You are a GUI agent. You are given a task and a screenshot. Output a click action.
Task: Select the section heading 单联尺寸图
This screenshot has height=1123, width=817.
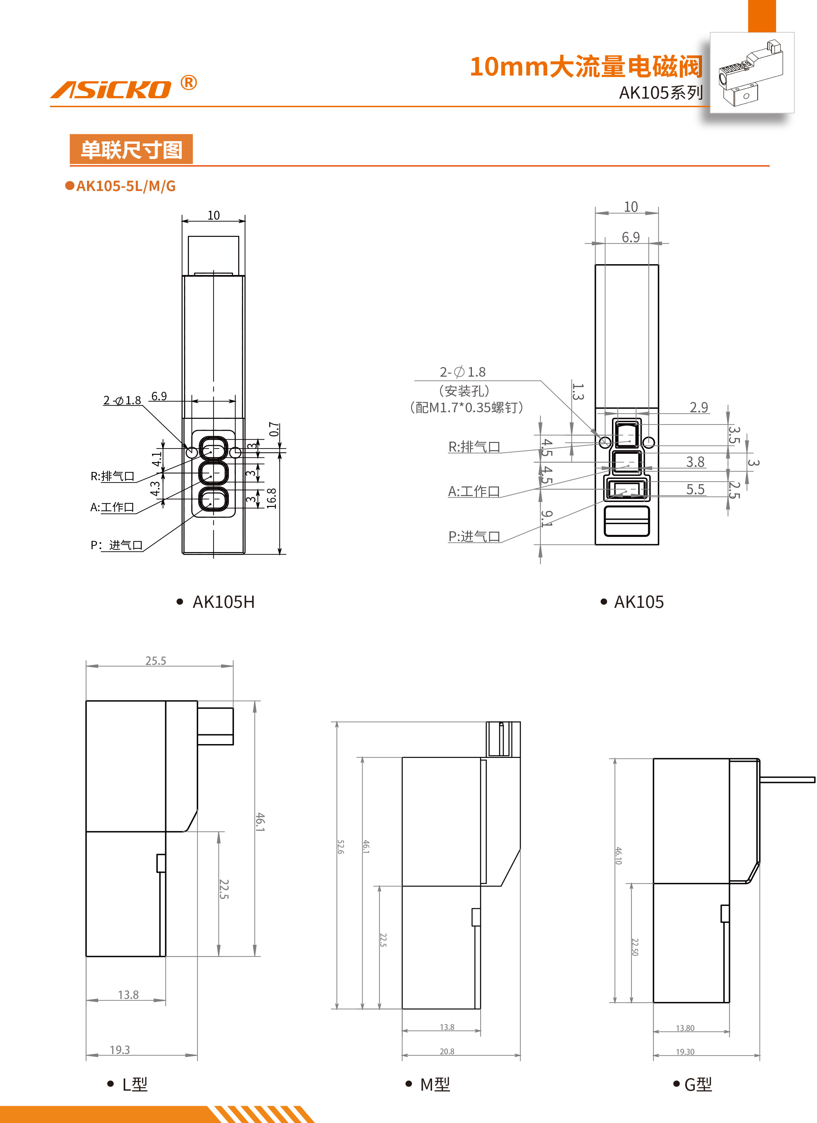131,149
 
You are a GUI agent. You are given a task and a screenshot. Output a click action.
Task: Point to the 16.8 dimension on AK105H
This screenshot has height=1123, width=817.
271,498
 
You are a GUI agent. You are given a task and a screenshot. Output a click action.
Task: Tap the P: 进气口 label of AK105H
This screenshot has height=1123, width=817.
117,545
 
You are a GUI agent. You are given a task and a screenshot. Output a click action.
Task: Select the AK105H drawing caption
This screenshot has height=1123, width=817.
223,602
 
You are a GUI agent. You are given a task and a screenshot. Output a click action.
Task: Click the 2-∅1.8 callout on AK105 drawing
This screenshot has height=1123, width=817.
463,372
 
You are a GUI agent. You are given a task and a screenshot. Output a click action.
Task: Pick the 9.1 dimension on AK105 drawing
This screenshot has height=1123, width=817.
546,518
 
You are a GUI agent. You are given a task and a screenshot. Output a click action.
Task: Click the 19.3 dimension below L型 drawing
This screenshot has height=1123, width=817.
120,1050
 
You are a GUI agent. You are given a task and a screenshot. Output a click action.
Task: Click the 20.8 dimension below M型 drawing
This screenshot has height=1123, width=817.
447,1051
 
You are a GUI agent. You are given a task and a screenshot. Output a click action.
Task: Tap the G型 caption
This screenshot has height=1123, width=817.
697,1085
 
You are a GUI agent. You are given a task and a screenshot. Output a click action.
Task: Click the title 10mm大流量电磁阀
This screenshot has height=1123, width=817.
586,67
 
